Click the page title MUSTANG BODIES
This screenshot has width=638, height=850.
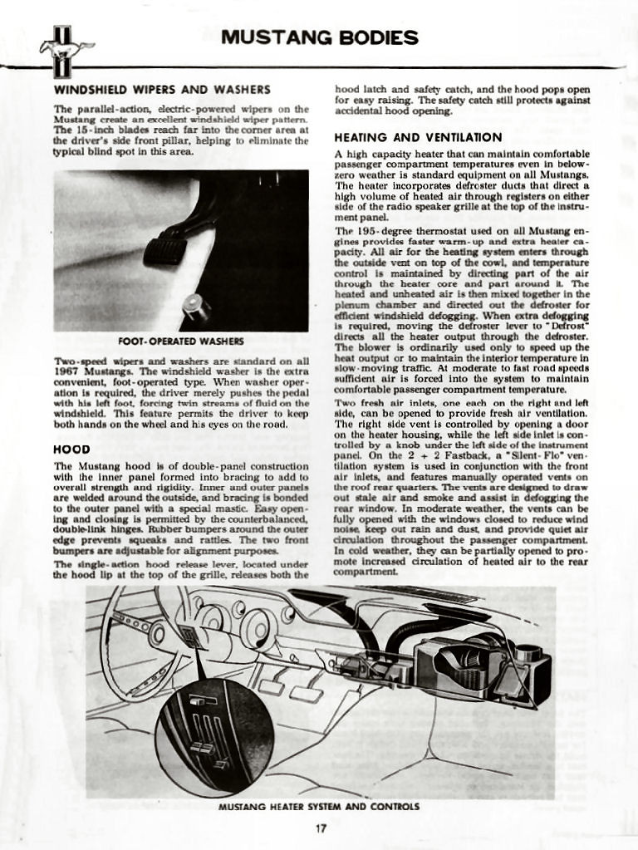pyautogui.click(x=319, y=37)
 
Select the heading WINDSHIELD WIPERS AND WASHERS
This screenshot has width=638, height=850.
pyautogui.click(x=162, y=90)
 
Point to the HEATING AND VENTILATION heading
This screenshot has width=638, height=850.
pyautogui.click(x=418, y=137)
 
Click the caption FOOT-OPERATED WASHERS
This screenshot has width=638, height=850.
pyautogui.click(x=181, y=341)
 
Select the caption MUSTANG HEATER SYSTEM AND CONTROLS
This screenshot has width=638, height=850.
pyautogui.click(x=319, y=806)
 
